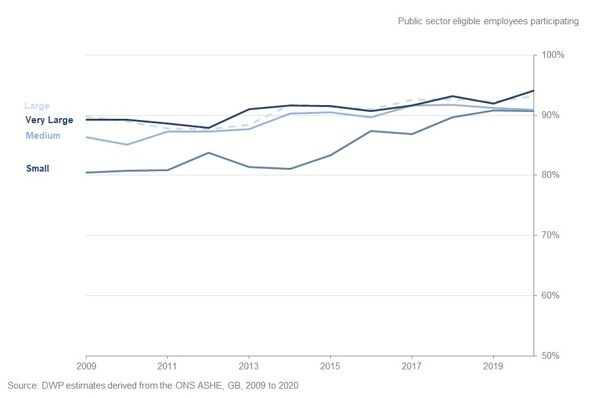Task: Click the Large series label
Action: [x=37, y=106]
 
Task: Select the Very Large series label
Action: [x=49, y=121]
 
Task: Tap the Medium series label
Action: [x=43, y=136]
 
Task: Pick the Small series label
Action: [x=37, y=169]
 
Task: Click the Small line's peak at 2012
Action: [x=208, y=152]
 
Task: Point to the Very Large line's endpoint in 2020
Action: [x=534, y=91]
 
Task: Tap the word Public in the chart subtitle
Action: [x=411, y=21]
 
